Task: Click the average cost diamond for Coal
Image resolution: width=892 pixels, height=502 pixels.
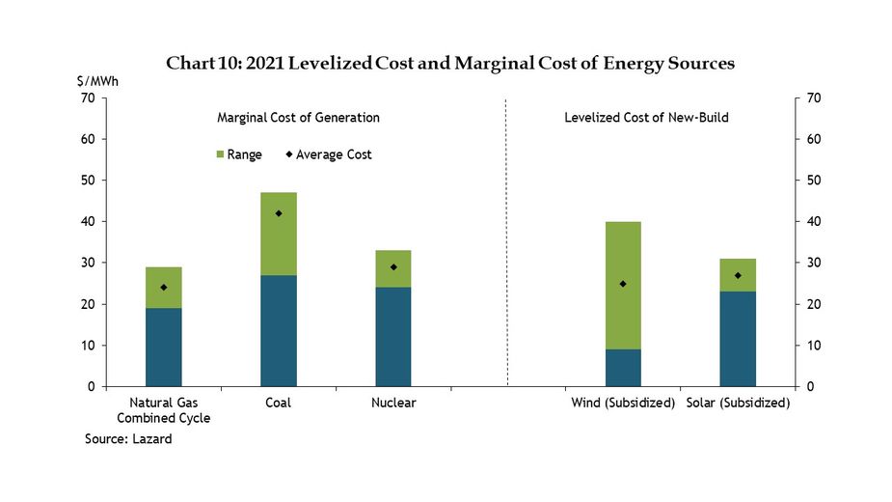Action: tap(279, 213)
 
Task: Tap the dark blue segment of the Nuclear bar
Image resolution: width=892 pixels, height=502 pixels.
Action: tap(393, 337)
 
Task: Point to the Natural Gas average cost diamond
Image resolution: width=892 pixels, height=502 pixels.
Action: tap(164, 288)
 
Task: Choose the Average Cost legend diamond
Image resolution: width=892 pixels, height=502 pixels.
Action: tap(288, 154)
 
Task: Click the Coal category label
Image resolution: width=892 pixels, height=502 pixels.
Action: tap(279, 403)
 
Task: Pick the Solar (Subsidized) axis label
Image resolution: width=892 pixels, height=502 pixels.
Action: tap(738, 403)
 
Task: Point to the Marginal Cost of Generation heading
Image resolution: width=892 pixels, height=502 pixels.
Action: tap(298, 118)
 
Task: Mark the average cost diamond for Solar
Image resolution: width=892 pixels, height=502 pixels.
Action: tap(738, 275)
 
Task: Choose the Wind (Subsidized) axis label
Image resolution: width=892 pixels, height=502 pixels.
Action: tap(623, 403)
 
